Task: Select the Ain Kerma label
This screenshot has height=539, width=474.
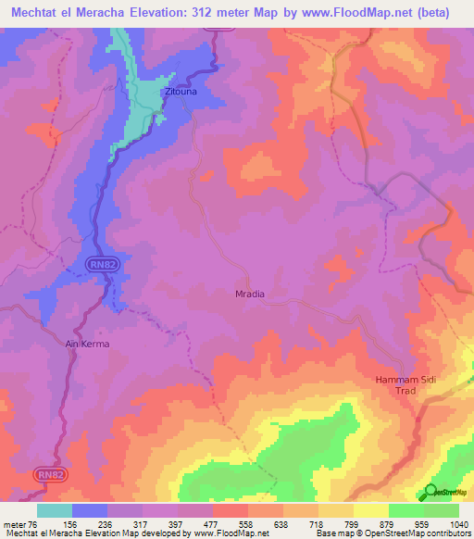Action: point(88,345)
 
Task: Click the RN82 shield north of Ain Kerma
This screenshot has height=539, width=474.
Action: point(104,266)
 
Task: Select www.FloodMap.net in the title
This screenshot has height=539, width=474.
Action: point(357,13)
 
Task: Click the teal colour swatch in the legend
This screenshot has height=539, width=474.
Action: point(55,510)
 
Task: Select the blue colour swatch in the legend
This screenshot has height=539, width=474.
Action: point(90,510)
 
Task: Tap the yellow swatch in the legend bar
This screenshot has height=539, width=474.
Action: point(370,510)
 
